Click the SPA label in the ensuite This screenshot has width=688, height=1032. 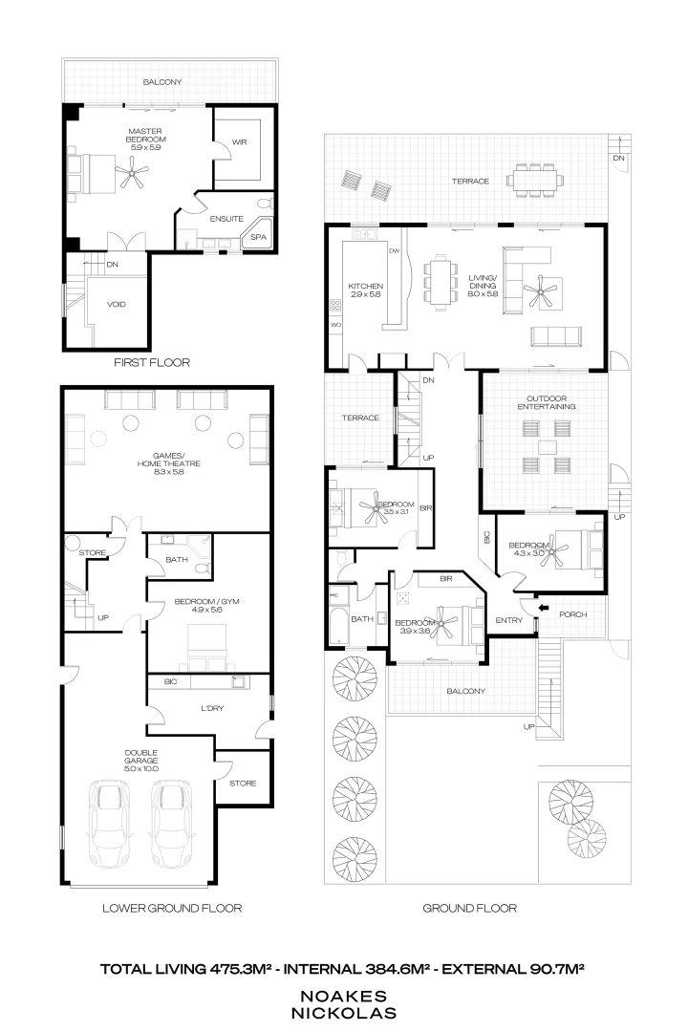(258, 236)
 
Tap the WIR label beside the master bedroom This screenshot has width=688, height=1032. (239, 144)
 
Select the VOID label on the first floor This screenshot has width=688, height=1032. (117, 305)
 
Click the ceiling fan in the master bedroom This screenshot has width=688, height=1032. (132, 173)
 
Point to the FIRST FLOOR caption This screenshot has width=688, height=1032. (151, 362)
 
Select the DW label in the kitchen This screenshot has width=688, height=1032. (393, 250)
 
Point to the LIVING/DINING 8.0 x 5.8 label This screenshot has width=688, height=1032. (485, 285)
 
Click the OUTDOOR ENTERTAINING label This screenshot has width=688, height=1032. (546, 401)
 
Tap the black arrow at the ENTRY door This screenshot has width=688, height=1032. (542, 606)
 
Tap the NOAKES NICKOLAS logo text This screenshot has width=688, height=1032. (343, 1001)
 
